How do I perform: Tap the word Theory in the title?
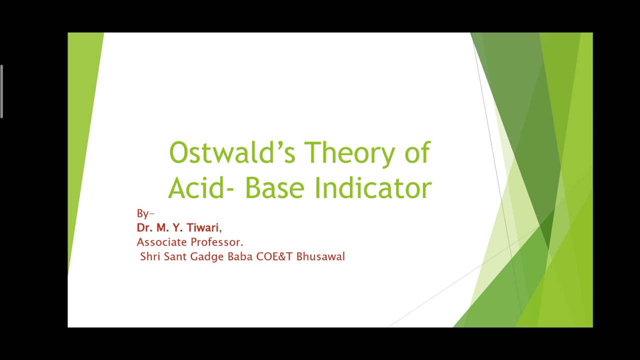coord(349,152)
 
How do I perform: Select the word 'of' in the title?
coord(417,152)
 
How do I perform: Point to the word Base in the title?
coord(274,188)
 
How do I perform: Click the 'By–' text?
coord(145,213)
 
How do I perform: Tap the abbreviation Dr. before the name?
coord(144,228)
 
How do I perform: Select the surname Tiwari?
coord(202,228)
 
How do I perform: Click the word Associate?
coord(161,242)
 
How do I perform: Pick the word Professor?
coord(218,242)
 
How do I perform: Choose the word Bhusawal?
coord(320,257)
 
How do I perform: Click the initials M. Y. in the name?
coord(169,228)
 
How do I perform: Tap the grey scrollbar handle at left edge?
coord(2,91)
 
